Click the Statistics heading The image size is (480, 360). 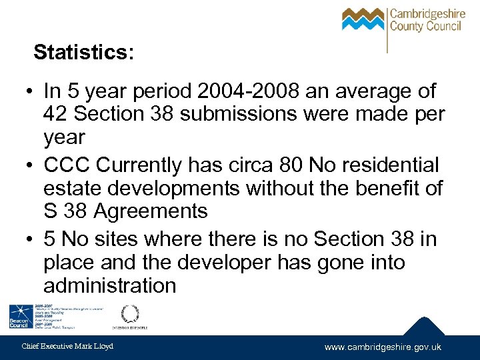coord(83,52)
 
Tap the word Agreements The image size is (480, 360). coord(151,212)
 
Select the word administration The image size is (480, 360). coord(110,286)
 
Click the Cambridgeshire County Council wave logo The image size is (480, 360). coord(362,19)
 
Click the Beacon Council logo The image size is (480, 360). coord(19,317)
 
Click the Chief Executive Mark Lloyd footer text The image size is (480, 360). coord(67,347)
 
